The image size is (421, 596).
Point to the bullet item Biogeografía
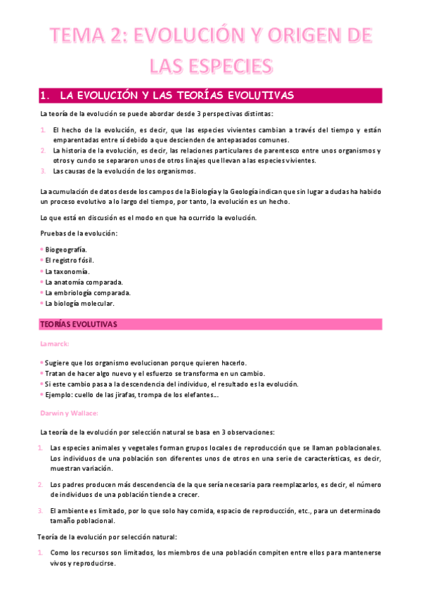(x=66, y=250)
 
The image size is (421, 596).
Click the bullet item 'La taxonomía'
(x=67, y=271)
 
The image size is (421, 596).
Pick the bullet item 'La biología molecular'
(x=79, y=304)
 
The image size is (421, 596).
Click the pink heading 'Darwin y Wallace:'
(x=69, y=414)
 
